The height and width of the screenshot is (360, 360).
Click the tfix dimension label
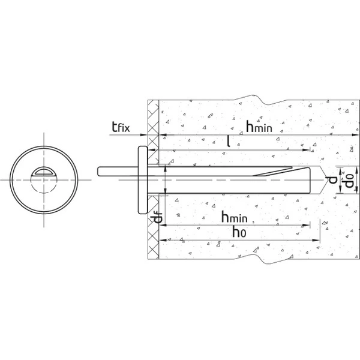click(x=121, y=127)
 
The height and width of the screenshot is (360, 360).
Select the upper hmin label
click(x=259, y=127)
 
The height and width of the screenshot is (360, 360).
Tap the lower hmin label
click(x=235, y=217)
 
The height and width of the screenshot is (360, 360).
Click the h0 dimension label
click(x=239, y=232)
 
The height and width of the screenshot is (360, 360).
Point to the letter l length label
click(x=229, y=141)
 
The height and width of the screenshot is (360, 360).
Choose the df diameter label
click(x=158, y=218)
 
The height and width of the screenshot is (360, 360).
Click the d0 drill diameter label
click(x=349, y=180)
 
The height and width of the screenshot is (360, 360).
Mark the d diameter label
click(x=332, y=180)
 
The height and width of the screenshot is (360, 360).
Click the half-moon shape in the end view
click(x=44, y=171)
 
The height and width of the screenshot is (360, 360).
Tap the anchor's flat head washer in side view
click(x=143, y=180)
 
